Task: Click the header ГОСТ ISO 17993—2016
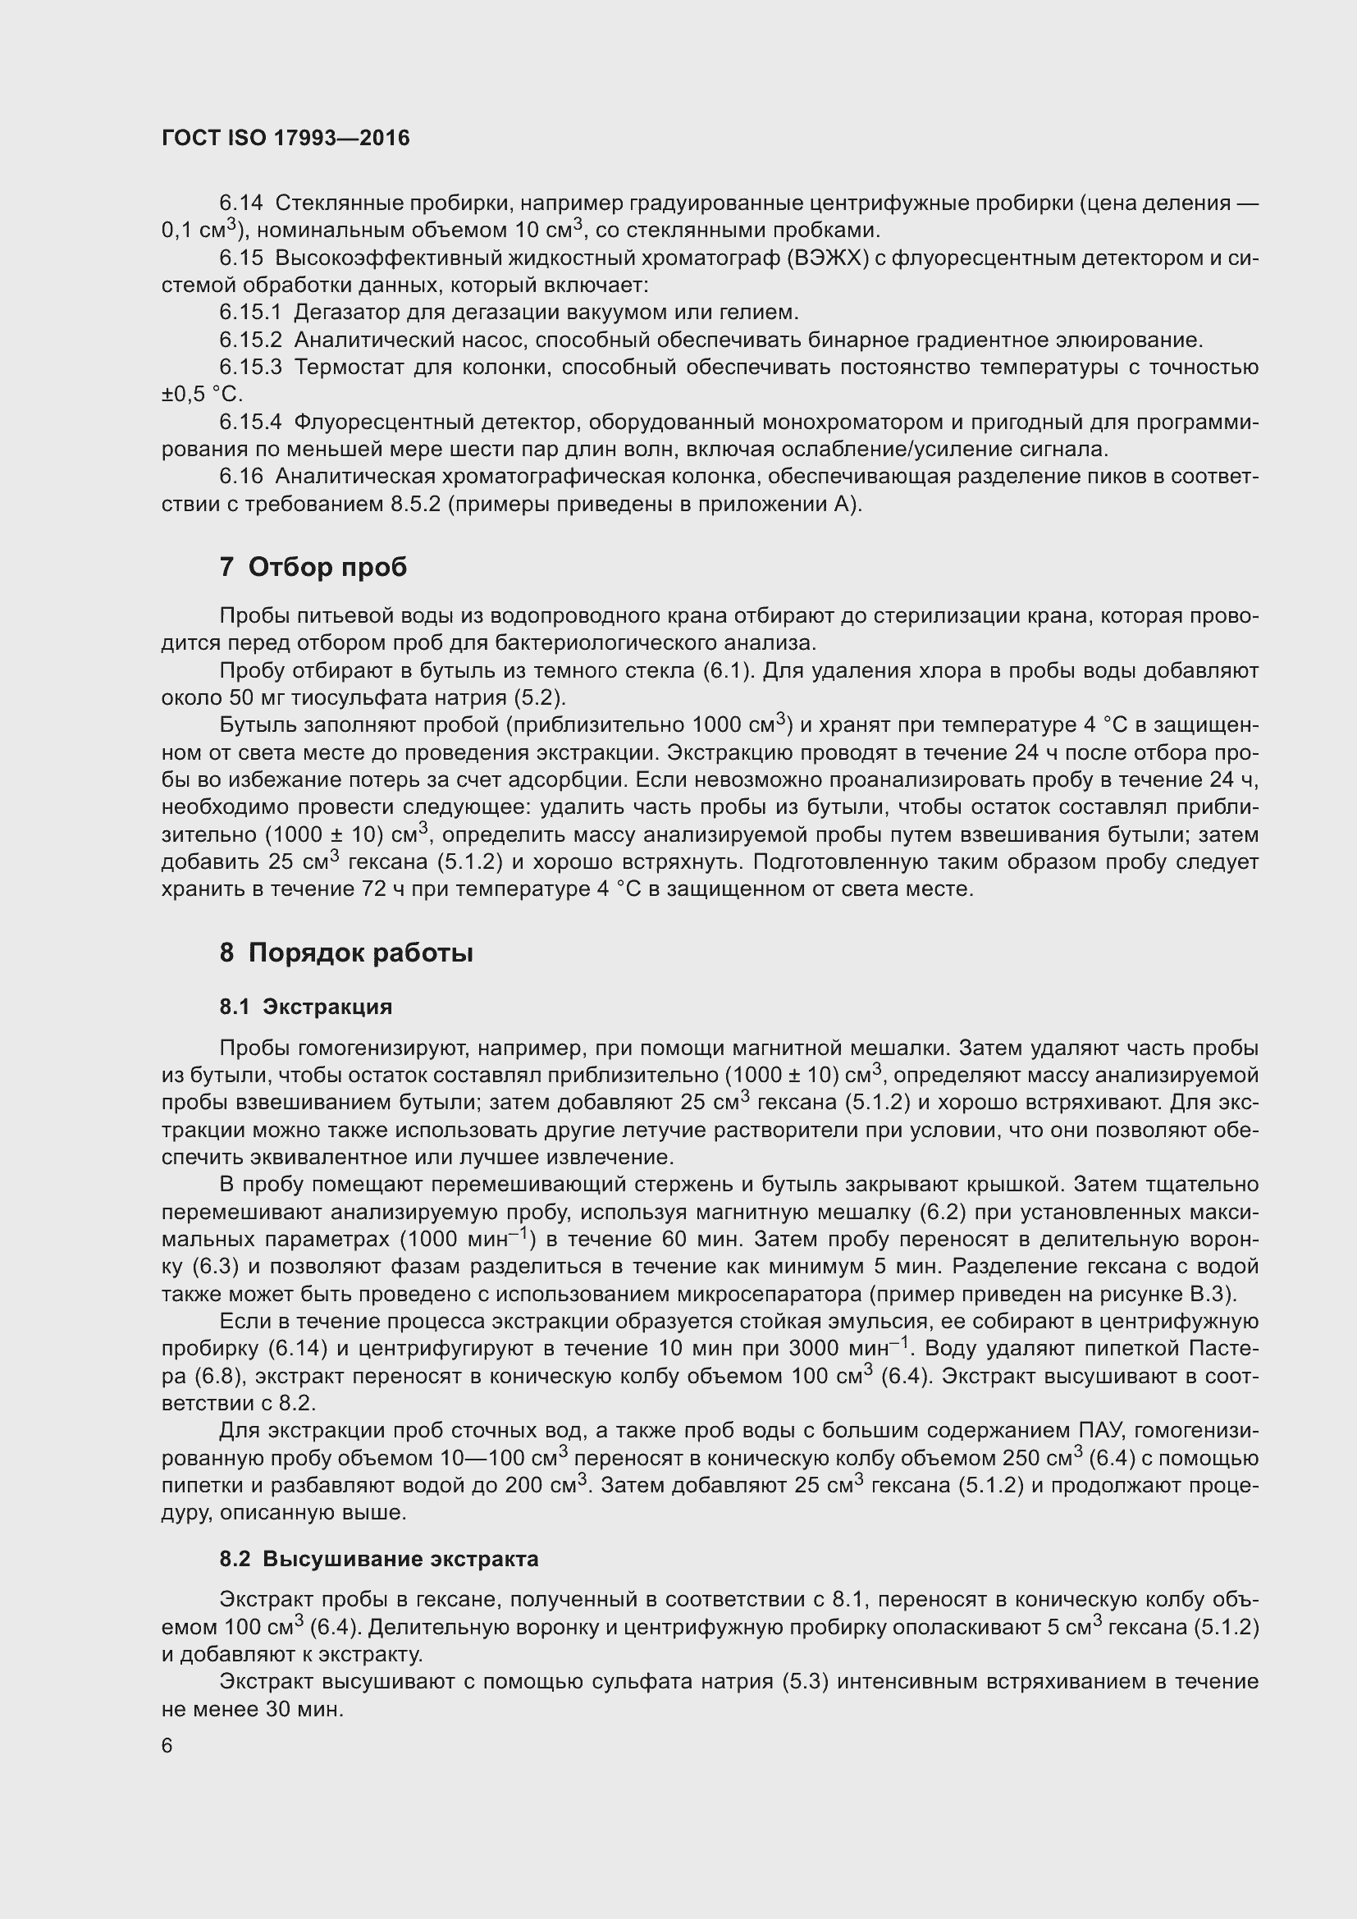point(286,139)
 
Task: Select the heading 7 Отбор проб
point(313,568)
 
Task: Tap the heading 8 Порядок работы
point(346,953)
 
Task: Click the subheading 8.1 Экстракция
point(306,1007)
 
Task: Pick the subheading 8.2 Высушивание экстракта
point(379,1559)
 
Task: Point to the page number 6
point(167,1745)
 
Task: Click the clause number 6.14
point(240,203)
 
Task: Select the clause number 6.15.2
point(251,340)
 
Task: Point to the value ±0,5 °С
point(202,395)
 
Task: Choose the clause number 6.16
point(240,477)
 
